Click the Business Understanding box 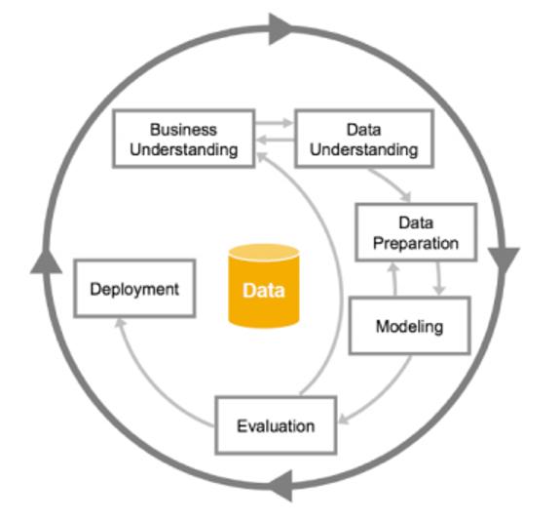tap(183, 139)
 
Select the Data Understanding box tap(364, 139)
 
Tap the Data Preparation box tap(416, 232)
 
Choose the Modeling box tap(410, 326)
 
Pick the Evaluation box tap(276, 425)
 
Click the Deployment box tap(134, 289)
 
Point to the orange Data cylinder tap(264, 286)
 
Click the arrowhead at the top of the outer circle tap(280, 29)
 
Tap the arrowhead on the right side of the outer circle tap(504, 260)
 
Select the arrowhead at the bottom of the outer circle tap(280, 486)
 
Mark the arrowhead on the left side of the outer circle tap(46, 261)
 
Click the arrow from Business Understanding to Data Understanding tap(274, 123)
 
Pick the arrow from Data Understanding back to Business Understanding tap(276, 140)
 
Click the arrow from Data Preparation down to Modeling tap(438, 278)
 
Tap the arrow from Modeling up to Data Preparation tap(393, 279)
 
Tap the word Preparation tap(416, 244)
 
